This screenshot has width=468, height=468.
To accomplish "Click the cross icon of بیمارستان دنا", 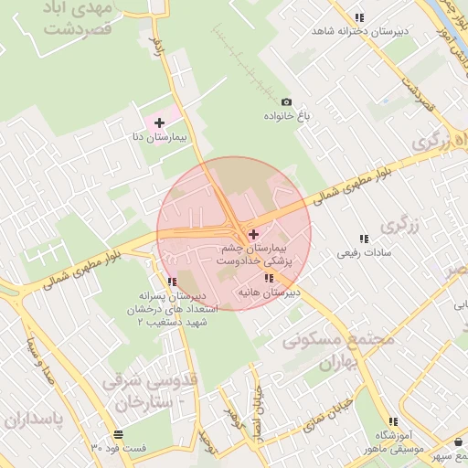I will click(159, 122).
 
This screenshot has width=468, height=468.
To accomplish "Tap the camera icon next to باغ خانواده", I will click(287, 102).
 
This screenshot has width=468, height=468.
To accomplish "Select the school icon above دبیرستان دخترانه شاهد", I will click(360, 17).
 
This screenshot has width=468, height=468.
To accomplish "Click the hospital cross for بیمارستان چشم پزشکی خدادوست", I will click(253, 235).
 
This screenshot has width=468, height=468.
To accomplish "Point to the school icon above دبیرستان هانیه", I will click(268, 279).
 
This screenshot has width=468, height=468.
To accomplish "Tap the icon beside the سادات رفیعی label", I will click(365, 238).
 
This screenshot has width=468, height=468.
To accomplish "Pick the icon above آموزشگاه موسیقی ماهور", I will click(394, 421).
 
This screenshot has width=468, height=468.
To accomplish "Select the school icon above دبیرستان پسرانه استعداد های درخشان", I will click(172, 282).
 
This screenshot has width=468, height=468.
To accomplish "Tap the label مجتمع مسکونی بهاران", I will click(339, 350).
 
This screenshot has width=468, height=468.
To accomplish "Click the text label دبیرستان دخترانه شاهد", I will click(358, 31).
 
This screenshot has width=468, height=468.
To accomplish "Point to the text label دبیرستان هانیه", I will click(268, 293).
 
